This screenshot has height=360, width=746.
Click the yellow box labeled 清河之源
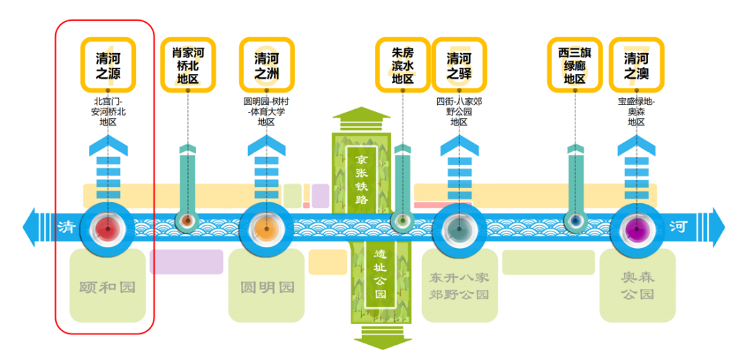(x=108, y=65)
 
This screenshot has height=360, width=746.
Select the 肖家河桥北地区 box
(x=187, y=65)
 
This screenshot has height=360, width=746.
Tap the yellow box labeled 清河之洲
(x=267, y=65)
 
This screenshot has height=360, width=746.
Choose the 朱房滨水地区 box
(x=403, y=65)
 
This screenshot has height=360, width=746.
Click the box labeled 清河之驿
(x=459, y=65)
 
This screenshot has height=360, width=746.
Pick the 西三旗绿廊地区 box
(x=575, y=65)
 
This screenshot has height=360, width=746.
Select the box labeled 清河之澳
(x=637, y=65)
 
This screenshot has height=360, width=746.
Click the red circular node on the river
(x=108, y=229)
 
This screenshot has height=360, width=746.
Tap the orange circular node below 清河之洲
(x=267, y=229)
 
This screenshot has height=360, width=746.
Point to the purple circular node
(x=637, y=229)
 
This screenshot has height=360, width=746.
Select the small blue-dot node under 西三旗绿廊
(x=575, y=220)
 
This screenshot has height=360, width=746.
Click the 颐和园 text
(x=108, y=287)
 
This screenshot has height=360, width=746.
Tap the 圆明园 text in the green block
(x=267, y=287)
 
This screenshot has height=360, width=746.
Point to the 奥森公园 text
(x=638, y=285)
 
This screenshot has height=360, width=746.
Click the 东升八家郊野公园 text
(x=459, y=285)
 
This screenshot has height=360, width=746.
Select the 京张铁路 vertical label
(x=361, y=178)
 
